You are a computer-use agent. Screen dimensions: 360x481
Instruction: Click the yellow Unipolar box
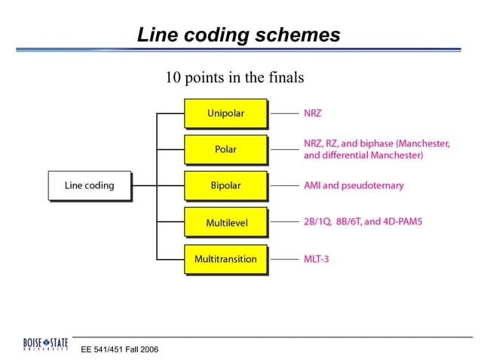click(x=225, y=114)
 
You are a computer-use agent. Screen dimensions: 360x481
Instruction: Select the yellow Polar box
click(x=225, y=149)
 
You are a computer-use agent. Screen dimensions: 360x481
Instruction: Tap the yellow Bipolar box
click(x=225, y=185)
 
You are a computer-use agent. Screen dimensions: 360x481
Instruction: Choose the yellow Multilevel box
click(x=225, y=223)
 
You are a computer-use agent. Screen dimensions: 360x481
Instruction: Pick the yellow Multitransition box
click(x=225, y=259)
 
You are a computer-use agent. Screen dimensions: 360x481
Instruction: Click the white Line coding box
click(x=89, y=185)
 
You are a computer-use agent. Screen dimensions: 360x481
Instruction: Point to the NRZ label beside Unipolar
click(x=313, y=114)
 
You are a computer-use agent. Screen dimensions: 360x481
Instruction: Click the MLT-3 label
click(x=317, y=259)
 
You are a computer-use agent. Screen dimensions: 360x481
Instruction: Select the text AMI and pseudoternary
click(x=354, y=185)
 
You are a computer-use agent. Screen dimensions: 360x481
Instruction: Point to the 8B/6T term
click(x=357, y=223)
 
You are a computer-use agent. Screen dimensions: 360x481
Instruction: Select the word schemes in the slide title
click(x=300, y=35)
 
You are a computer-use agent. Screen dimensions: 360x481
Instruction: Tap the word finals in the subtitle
click(x=287, y=78)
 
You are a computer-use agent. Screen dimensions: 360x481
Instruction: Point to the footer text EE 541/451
click(x=100, y=350)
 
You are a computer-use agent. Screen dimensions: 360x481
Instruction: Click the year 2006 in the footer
click(x=148, y=350)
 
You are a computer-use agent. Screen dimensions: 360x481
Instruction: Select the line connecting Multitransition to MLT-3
click(x=284, y=259)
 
